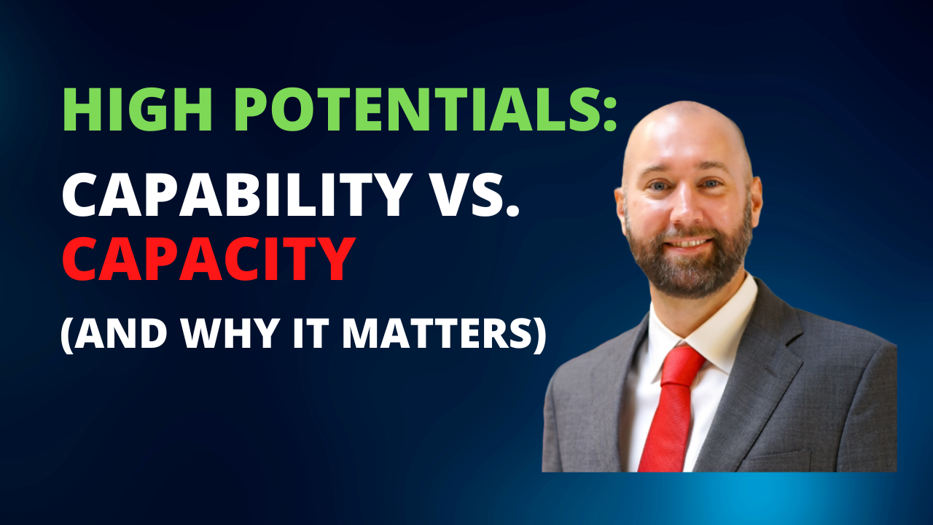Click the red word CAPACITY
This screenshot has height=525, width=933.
(x=208, y=259)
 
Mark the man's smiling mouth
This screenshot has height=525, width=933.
(x=687, y=243)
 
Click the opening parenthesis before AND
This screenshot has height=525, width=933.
(x=66, y=333)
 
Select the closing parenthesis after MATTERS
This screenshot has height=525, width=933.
(x=538, y=333)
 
